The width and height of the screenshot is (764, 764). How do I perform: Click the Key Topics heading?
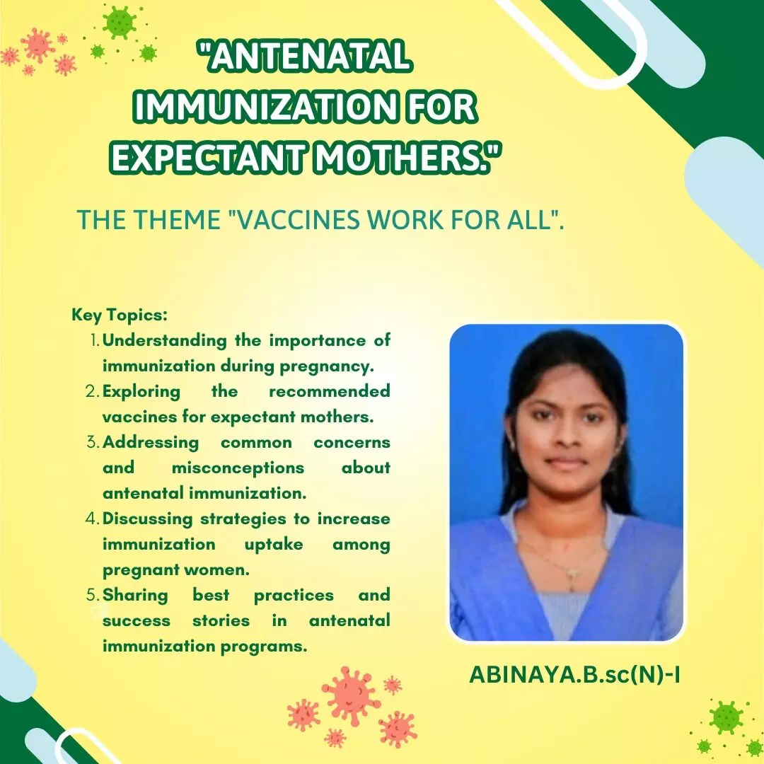click(120, 315)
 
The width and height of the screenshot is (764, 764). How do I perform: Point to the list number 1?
click(95, 340)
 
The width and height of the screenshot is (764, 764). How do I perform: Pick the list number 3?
click(93, 442)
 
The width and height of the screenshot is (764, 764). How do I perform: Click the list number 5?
click(93, 595)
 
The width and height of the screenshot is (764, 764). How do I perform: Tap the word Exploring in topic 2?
click(141, 392)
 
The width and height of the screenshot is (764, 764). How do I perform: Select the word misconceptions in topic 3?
click(238, 468)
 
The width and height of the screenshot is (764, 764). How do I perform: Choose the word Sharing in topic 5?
click(135, 596)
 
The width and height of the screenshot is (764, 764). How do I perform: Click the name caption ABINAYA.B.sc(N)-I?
click(574, 675)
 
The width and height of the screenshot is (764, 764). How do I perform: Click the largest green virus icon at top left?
click(120, 23)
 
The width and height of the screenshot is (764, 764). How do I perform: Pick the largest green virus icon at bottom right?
click(726, 718)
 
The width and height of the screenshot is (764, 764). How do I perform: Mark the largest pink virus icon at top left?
click(37, 45)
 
